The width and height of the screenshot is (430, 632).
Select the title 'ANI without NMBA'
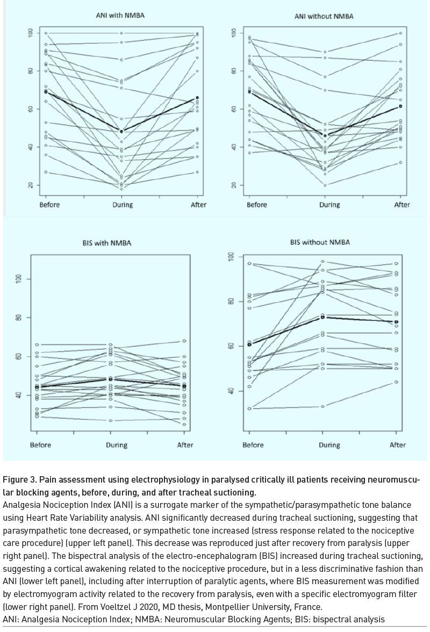click(x=324, y=17)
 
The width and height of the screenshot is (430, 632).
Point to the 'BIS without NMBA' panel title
click(x=320, y=242)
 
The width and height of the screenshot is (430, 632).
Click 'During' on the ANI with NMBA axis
click(x=123, y=205)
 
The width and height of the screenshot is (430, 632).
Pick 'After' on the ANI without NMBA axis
click(x=402, y=205)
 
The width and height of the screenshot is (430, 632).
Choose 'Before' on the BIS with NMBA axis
click(x=40, y=445)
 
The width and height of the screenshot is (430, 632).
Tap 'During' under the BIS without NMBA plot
click(x=329, y=445)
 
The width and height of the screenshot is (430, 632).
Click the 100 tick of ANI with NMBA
click(x=31, y=33)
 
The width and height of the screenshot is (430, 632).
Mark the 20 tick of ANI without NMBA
click(x=233, y=185)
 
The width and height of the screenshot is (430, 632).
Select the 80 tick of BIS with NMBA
click(x=18, y=317)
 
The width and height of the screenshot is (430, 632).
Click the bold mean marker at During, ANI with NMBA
click(x=121, y=131)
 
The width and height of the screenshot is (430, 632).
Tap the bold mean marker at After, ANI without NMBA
click(x=400, y=106)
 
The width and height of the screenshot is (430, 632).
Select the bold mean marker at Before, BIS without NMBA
click(x=249, y=344)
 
